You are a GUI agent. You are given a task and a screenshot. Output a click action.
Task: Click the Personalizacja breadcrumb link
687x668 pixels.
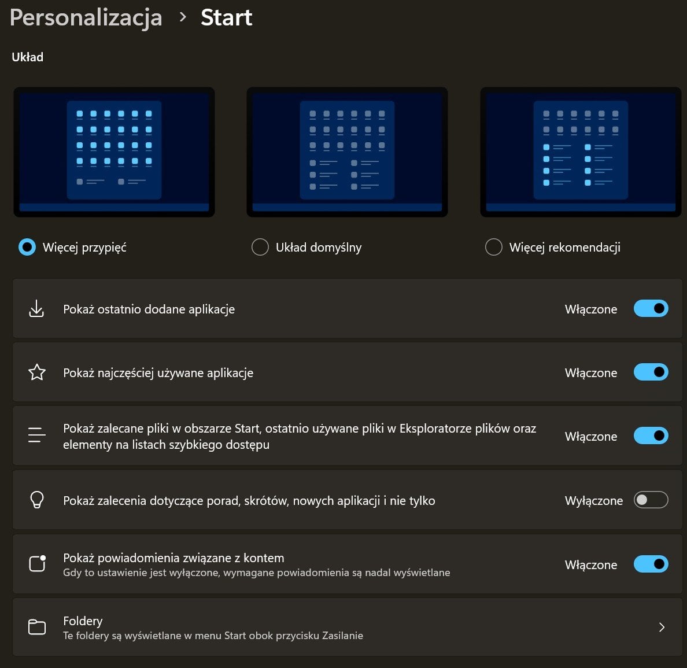86,18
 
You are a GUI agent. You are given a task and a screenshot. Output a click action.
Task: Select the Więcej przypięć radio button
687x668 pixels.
27,247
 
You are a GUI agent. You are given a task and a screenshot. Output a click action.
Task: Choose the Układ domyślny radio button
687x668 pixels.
260,247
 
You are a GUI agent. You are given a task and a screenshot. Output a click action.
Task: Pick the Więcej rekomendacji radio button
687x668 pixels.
494,247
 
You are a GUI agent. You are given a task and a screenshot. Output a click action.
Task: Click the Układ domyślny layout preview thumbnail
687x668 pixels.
347,152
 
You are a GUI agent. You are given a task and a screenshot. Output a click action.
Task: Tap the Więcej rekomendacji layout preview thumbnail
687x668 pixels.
581,152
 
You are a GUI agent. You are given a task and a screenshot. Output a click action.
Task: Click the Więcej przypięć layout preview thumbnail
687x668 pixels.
114,152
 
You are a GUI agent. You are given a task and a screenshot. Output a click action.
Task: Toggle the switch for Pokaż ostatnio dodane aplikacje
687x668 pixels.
651,309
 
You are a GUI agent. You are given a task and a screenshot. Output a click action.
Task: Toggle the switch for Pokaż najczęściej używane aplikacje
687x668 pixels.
651,372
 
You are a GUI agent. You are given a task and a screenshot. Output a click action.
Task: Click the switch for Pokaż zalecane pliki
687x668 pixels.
651,436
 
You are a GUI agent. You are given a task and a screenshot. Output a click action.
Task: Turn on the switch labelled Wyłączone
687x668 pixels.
651,500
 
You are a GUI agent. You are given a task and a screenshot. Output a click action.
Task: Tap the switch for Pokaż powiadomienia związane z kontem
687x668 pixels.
651,564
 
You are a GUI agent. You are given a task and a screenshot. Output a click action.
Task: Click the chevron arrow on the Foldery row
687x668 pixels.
662,628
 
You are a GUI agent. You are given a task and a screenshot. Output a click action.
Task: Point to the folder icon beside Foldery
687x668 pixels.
37,627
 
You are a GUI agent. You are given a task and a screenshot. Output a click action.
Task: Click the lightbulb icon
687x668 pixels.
37,500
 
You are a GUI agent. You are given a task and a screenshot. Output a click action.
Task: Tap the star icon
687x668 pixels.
37,372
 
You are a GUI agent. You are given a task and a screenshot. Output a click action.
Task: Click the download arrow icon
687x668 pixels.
36,309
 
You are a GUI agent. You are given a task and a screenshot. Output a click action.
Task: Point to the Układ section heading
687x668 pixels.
28,57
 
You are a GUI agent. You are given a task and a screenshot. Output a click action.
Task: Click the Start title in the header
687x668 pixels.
227,18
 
